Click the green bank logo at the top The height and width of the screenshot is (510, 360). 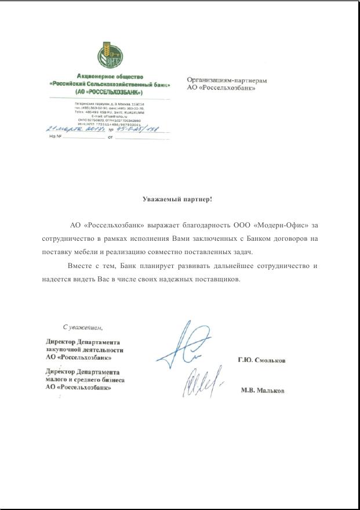[x=110, y=55]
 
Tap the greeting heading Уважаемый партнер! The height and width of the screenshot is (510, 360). [x=177, y=199]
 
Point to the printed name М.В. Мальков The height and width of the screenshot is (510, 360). [x=262, y=390]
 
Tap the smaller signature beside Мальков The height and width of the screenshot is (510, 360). [x=202, y=382]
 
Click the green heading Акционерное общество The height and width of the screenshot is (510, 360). [x=110, y=76]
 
